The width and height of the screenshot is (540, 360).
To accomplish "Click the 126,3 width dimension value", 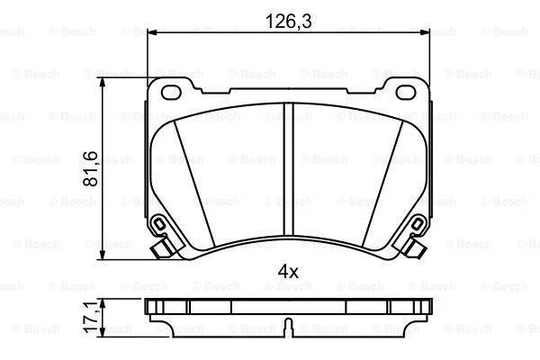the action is pyautogui.click(x=289, y=22).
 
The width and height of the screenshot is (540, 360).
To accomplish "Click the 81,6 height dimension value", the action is pyautogui.click(x=90, y=169).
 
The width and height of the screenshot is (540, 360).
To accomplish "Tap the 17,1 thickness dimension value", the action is pyautogui.click(x=91, y=318).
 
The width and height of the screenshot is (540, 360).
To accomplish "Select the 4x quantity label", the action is pyautogui.click(x=288, y=272).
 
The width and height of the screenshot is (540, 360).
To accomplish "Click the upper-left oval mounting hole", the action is pyautogui.click(x=171, y=92).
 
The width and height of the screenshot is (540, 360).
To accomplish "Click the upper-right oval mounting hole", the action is pyautogui.click(x=406, y=92).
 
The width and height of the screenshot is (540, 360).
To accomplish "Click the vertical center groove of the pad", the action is pyautogui.click(x=289, y=169).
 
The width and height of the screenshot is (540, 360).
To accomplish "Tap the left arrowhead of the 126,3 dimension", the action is pyautogui.click(x=152, y=32).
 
